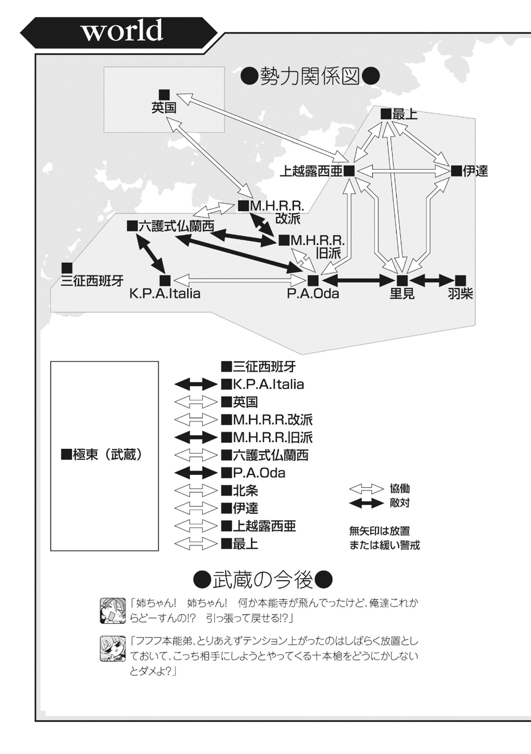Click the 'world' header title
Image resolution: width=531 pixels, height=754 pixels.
(x=122, y=31)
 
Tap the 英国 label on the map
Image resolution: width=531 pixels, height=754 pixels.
(x=164, y=108)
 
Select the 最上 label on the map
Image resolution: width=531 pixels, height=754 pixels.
(x=405, y=114)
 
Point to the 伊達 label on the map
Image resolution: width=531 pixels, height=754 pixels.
(x=475, y=171)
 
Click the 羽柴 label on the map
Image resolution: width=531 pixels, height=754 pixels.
(x=460, y=294)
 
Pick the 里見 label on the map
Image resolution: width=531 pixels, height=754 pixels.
(x=402, y=294)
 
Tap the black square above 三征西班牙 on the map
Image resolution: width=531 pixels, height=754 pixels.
(x=67, y=268)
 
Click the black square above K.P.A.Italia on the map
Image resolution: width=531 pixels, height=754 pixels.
(x=165, y=281)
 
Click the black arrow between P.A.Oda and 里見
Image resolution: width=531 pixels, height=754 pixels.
(x=358, y=281)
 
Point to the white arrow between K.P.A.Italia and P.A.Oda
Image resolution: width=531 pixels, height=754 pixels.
(x=239, y=281)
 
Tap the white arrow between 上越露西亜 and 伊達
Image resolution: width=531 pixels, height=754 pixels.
(x=403, y=171)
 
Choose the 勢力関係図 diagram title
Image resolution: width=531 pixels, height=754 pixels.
(x=310, y=77)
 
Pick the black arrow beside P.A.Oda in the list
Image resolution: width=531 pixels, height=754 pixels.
(x=196, y=473)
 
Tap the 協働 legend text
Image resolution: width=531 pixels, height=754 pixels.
(x=400, y=489)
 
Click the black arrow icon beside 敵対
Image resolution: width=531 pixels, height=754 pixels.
(x=367, y=503)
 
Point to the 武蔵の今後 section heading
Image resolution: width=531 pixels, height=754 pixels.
(x=263, y=580)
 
